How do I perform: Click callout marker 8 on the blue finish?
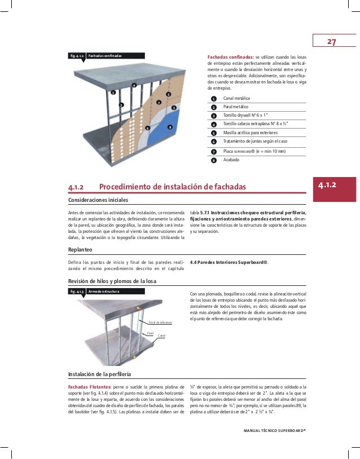[169, 127]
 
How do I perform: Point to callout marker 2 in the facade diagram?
[121, 105]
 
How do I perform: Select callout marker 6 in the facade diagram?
[147, 128]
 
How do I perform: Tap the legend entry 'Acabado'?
[231, 160]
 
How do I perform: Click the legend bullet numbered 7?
[213, 152]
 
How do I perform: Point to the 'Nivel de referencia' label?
[161, 322]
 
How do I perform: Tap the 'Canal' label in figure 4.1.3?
[161, 336]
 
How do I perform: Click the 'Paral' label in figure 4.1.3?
[150, 333]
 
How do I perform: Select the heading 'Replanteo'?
[80, 249]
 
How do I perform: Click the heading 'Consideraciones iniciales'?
[98, 200]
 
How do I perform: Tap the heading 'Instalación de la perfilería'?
[99, 374]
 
